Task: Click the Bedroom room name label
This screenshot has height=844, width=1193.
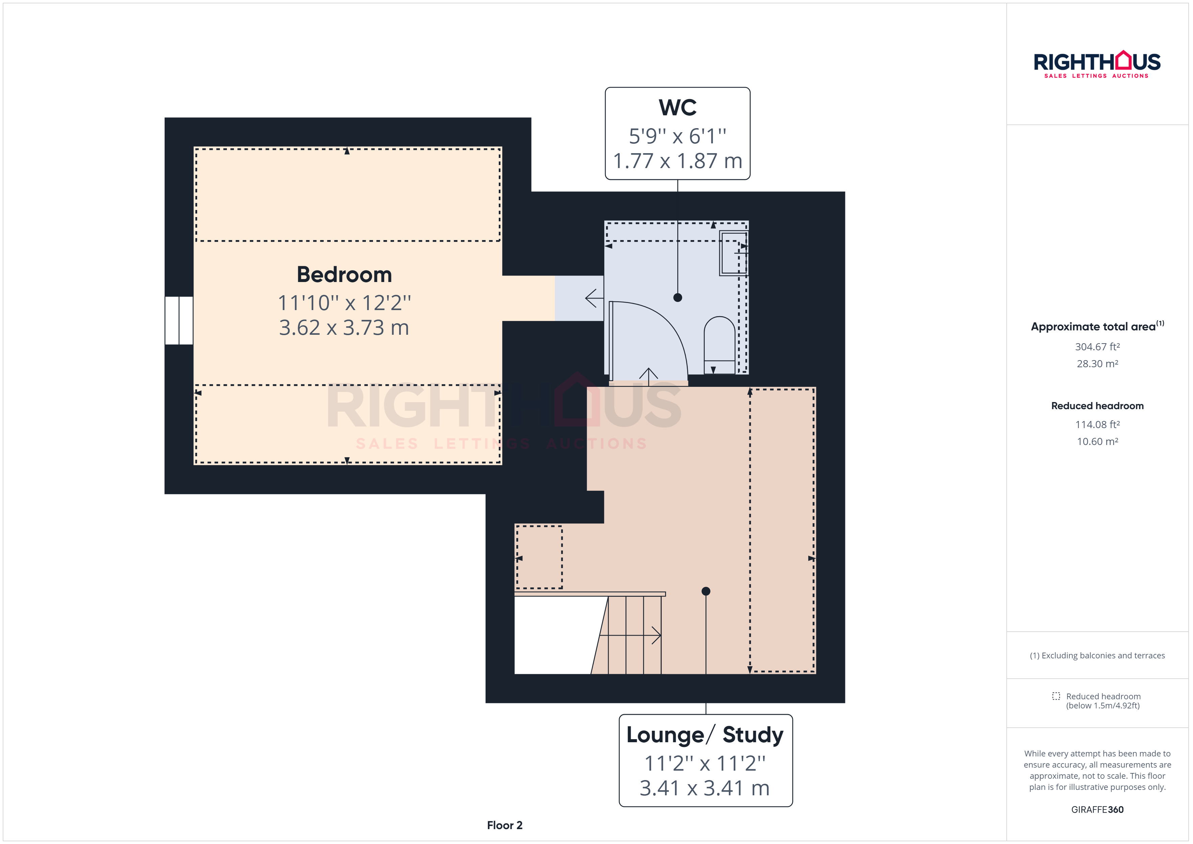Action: coord(344,275)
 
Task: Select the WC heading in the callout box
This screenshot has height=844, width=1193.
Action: coord(678,108)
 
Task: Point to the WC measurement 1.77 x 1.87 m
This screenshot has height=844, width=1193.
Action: coord(678,161)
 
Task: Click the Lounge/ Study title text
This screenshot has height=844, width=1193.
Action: coord(705,735)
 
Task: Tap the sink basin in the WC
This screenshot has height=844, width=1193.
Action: coord(733,253)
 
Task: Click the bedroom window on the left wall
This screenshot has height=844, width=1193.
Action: coord(179,320)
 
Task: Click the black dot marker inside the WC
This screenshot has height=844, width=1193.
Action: coord(678,298)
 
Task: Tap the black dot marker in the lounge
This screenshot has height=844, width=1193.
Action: coord(706,591)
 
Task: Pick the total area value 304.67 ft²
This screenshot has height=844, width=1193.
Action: coord(1097,347)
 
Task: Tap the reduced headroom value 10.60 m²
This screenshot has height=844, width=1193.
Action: coord(1097,442)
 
